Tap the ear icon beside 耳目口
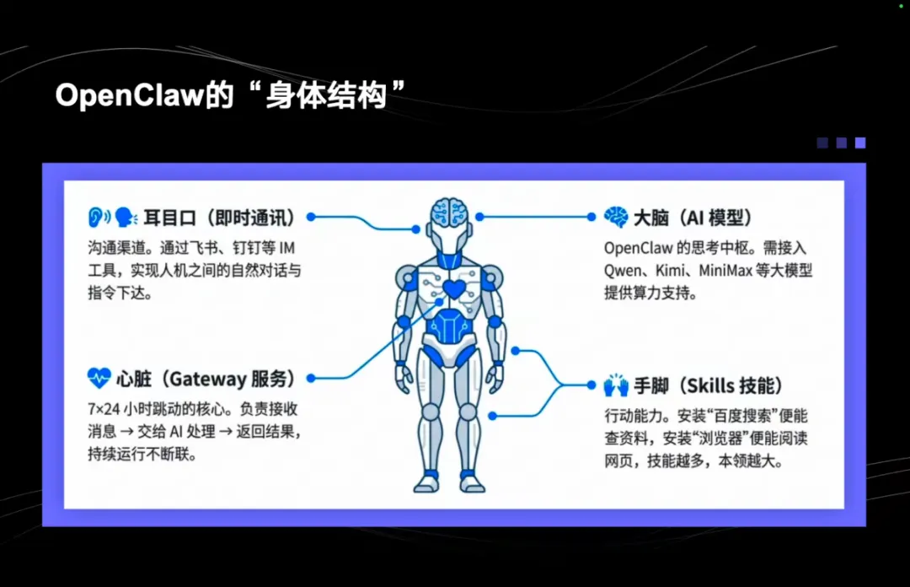pos(99,217)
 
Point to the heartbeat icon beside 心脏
pos(99,377)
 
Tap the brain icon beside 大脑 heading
pos(616,217)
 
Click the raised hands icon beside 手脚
pos(616,386)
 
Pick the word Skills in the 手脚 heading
pos(709,386)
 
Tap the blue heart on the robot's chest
pos(453,289)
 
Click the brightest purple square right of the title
pos(859,143)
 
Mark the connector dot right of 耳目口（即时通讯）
pos(310,217)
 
